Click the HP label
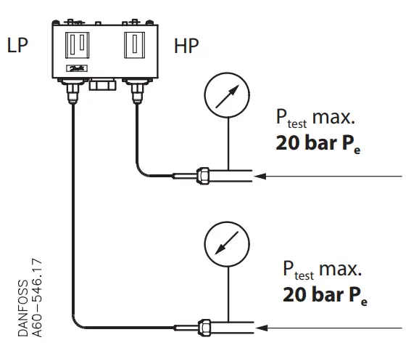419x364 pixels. pyautogui.click(x=187, y=48)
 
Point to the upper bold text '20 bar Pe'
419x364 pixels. pyautogui.click(x=318, y=142)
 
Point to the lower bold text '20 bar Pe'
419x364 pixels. pyautogui.click(x=324, y=296)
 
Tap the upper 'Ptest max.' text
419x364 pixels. pyautogui.click(x=317, y=118)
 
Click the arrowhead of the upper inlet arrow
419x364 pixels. pyautogui.click(x=264, y=176)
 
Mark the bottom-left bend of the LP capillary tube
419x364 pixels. pyautogui.click(x=77, y=323)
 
